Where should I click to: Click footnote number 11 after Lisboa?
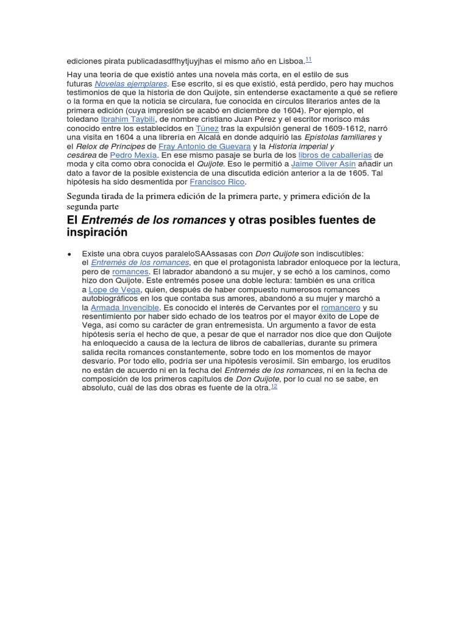(308, 59)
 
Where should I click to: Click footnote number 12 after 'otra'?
(274, 386)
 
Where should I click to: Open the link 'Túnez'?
(207, 129)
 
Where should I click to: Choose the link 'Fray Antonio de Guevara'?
(204, 146)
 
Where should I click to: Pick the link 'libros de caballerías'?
(335, 155)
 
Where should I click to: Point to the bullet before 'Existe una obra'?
(69, 253)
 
